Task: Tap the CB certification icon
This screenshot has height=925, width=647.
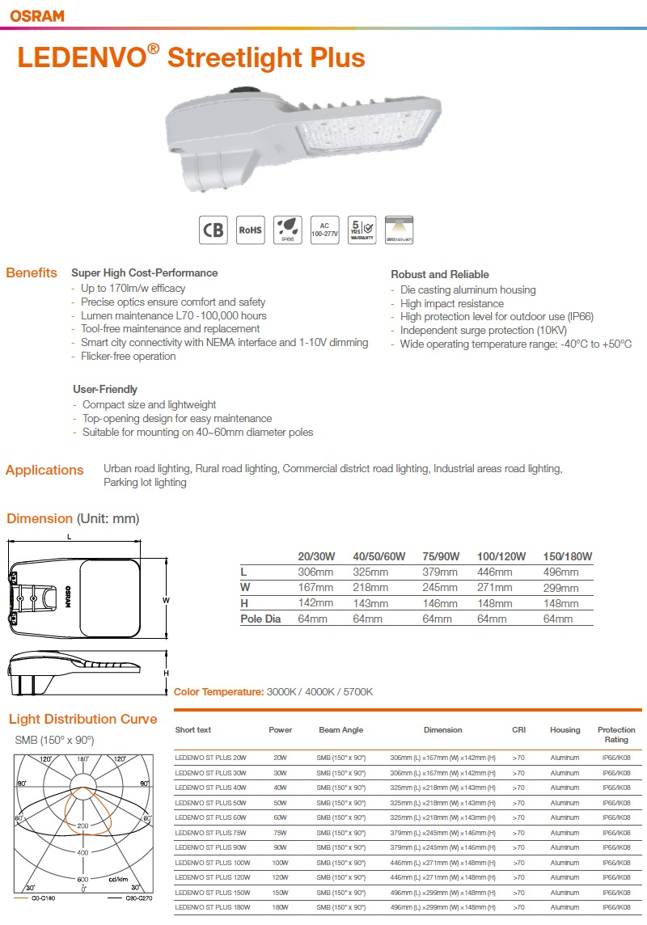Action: [214, 230]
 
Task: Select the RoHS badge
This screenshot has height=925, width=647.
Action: [250, 230]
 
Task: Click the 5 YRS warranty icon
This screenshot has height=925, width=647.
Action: [361, 230]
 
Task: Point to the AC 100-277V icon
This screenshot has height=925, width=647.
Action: [323, 230]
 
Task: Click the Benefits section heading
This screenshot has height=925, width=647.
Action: [32, 272]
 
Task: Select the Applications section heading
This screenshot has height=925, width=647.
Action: [44, 470]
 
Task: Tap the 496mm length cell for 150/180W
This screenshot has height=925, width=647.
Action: [560, 572]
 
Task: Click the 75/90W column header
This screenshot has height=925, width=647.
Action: [441, 556]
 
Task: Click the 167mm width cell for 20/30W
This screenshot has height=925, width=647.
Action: [315, 587]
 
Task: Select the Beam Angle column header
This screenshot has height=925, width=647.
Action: [340, 730]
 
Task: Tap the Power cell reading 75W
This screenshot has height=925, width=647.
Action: [280, 832]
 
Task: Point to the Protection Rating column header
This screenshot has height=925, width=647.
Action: [616, 734]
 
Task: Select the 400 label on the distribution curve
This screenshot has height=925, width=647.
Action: [82, 853]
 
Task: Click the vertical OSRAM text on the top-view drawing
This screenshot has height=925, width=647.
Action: [68, 596]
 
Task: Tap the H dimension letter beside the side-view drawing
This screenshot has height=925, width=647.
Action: [166, 673]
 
